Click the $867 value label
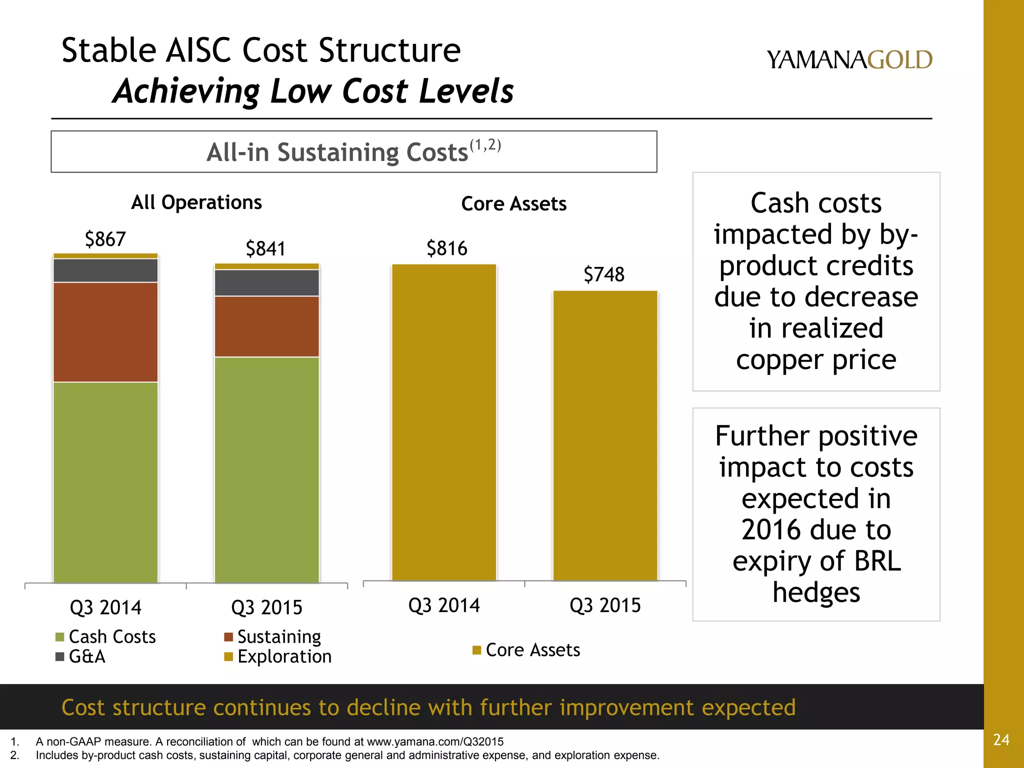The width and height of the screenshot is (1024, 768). [x=105, y=239]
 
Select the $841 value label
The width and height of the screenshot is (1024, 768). [x=265, y=248]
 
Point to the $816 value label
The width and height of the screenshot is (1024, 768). [x=446, y=248]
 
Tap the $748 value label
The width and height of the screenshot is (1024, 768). [x=604, y=274]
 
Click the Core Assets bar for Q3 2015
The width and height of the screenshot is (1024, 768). [x=605, y=435]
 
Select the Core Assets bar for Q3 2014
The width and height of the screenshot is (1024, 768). [x=444, y=422]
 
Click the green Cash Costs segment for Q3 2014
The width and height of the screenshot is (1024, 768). [x=105, y=482]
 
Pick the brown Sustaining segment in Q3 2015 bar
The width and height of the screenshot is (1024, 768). [x=266, y=326]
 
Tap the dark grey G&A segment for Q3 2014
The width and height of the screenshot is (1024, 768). [x=105, y=270]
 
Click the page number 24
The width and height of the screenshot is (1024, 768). [x=1001, y=739]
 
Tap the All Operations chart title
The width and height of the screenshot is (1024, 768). [x=196, y=202]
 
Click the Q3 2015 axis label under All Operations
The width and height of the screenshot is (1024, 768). [x=266, y=607]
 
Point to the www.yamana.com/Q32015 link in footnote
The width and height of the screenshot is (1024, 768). [x=435, y=741]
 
